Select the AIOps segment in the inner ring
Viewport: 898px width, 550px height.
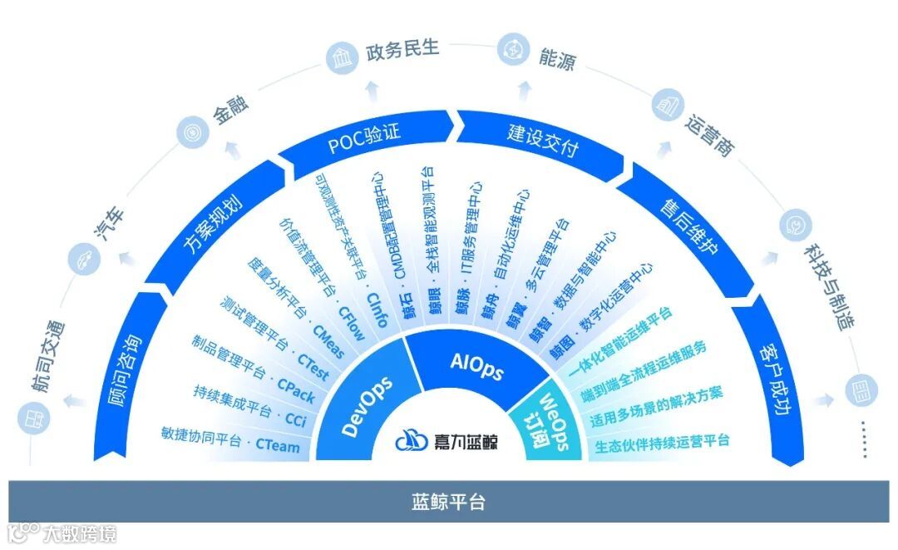tap(476, 367)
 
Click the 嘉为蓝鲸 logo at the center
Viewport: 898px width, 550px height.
tap(447, 440)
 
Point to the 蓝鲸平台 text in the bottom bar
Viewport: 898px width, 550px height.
tap(448, 503)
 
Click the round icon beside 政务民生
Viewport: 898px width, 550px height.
tap(340, 60)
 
